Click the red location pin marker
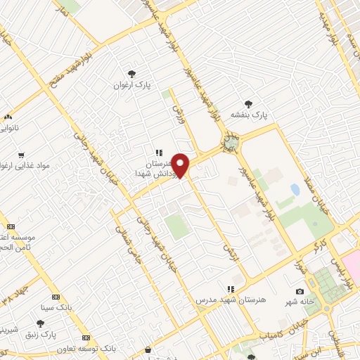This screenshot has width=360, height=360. point(181,165)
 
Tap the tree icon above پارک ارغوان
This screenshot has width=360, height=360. point(131,74)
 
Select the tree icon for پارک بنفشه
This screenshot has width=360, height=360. point(247,104)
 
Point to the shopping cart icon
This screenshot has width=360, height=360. point(21,155)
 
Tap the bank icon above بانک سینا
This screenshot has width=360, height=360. point(56,297)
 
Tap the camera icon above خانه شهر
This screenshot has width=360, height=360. point(300,292)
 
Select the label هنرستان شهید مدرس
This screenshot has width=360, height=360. point(232,300)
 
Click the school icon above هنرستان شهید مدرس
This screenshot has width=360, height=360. point(229,289)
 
